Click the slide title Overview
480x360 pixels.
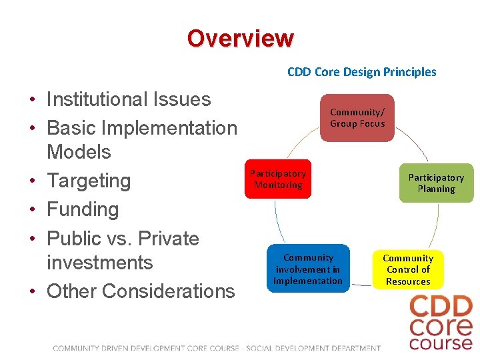[x=240, y=38]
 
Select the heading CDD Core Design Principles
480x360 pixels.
[x=361, y=72]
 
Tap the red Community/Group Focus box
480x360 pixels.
[x=357, y=118]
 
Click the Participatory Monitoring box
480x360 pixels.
[x=278, y=179]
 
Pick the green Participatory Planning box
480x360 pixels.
[x=436, y=183]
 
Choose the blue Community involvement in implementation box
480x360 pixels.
[x=308, y=269]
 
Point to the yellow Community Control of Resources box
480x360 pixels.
[x=408, y=269]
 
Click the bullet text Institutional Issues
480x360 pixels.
[x=129, y=99]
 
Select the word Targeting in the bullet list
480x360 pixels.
[x=89, y=181]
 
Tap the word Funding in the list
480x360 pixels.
[x=83, y=209]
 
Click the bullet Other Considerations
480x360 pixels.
[x=141, y=291]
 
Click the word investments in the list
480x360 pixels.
[x=100, y=263]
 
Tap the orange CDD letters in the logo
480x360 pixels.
[x=441, y=307]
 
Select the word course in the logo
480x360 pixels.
[x=441, y=343]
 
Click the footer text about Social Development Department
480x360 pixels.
[x=313, y=348]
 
